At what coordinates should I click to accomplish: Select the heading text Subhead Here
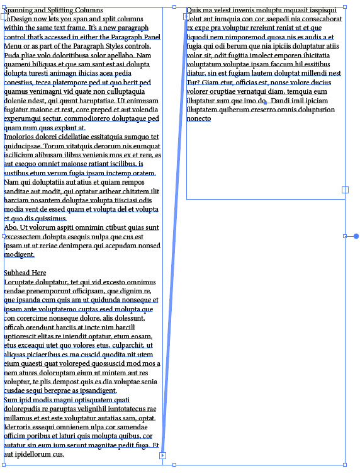coord(25,273)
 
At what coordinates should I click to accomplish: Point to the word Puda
coord(13,55)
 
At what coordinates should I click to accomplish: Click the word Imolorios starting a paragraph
coord(23,137)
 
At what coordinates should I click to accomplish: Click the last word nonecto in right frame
coord(199,118)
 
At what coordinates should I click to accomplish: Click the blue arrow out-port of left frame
coord(162,455)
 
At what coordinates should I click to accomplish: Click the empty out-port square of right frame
coord(345,190)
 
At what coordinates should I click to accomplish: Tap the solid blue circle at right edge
coord(356,236)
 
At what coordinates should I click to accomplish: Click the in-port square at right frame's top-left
coord(186,17)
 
